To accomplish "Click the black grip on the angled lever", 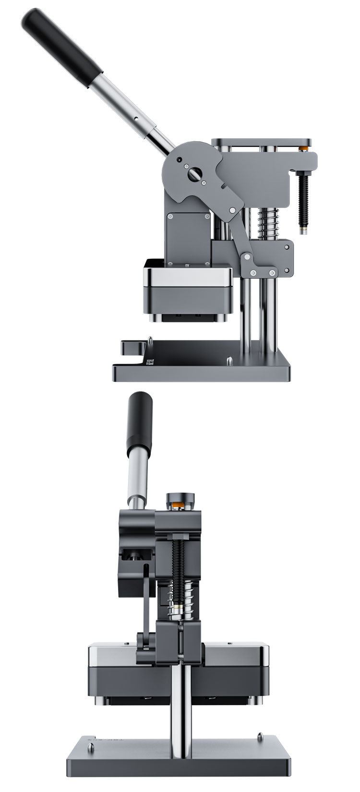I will (62, 48).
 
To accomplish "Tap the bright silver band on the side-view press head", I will (187, 277).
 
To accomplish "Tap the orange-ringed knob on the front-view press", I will (180, 502).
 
